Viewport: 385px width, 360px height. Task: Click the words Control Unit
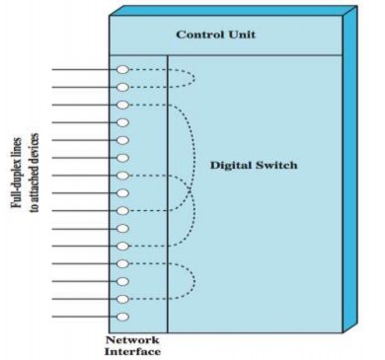tap(216, 36)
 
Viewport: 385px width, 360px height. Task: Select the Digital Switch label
tap(253, 165)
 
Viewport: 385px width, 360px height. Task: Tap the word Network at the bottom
tap(132, 338)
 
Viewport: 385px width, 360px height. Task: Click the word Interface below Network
tap(132, 350)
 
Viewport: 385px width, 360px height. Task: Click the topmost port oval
tap(122, 70)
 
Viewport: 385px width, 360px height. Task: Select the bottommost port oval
tap(122, 317)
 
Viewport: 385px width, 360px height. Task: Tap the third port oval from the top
tap(122, 105)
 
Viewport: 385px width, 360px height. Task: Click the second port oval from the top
tap(122, 88)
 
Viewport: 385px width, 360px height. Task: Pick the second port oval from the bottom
tap(122, 299)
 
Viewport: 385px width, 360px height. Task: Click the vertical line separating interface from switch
tap(168, 197)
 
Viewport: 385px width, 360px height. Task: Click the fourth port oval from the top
tap(122, 122)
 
